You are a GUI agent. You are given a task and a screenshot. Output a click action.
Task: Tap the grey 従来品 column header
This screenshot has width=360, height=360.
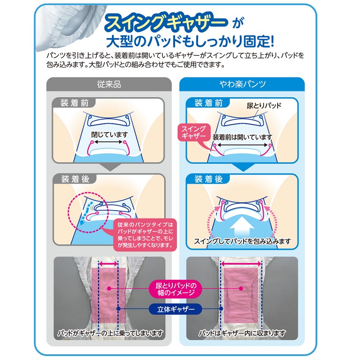tap(109, 84)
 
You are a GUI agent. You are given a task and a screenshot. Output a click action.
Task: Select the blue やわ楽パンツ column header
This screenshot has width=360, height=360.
tap(242, 84)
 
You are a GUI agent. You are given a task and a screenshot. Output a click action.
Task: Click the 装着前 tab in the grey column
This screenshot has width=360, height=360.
tap(74, 103)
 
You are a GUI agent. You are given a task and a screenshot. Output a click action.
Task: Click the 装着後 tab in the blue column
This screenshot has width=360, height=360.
tap(208, 179)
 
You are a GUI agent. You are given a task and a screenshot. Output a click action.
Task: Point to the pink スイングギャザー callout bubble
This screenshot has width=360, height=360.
tap(194, 133)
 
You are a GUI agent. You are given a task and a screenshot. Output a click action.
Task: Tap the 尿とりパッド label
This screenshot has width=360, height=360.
tap(264, 106)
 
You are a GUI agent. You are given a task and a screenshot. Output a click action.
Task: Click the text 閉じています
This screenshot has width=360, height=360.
tap(109, 134)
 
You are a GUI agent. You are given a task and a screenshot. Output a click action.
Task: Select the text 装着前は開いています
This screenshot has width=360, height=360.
tap(243, 137)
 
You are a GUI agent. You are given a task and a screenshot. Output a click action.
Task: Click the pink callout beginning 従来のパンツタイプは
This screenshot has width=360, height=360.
tap(145, 234)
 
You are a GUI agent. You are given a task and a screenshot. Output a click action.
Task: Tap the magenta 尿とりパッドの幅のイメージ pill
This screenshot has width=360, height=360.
tap(176, 289)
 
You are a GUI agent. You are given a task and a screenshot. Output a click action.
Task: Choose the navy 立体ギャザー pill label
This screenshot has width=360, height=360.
tap(176, 309)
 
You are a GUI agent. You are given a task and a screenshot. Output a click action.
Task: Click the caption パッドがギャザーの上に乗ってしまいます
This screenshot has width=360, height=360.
tap(110, 333)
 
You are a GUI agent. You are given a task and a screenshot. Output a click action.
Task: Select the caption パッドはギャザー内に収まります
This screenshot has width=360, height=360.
tap(242, 333)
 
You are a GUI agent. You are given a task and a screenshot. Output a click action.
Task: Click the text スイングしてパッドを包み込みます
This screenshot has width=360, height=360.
tap(243, 241)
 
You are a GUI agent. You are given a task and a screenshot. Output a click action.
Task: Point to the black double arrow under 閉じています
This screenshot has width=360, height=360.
tap(108, 142)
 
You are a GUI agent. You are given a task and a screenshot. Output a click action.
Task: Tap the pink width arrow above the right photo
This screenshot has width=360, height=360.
tap(241, 264)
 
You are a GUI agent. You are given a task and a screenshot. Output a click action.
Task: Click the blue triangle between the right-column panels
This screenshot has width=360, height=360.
tap(243, 167)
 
